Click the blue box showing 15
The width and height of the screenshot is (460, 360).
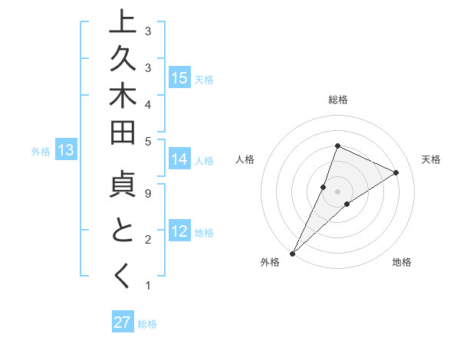[179, 77]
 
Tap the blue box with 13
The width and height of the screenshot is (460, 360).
[66, 150]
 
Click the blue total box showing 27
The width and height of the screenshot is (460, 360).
[123, 322]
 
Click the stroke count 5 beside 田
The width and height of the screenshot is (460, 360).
[147, 141]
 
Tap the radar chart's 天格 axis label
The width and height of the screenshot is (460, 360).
[431, 159]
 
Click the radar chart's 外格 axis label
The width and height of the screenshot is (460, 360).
[270, 263]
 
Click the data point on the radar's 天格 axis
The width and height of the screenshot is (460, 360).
[396, 172]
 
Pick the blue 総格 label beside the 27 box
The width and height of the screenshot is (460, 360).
[147, 324]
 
